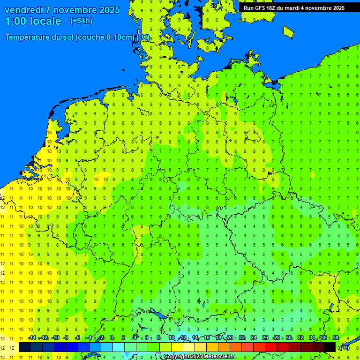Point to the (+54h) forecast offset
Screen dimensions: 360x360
point(81,21)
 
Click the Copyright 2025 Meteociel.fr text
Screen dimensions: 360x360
point(199,357)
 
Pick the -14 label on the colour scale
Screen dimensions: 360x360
point(32,337)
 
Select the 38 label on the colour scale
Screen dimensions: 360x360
point(335,337)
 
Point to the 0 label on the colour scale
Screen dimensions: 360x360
point(112,337)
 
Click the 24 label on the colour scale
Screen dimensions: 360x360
point(254,337)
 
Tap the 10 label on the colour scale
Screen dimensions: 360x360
point(172,337)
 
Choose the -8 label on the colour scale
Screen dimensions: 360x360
point(66,337)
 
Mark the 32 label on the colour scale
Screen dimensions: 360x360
point(300,337)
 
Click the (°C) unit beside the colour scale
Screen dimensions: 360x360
point(344,347)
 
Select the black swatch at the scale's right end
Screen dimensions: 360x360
point(330,347)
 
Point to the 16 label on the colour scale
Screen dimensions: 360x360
point(207,337)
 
